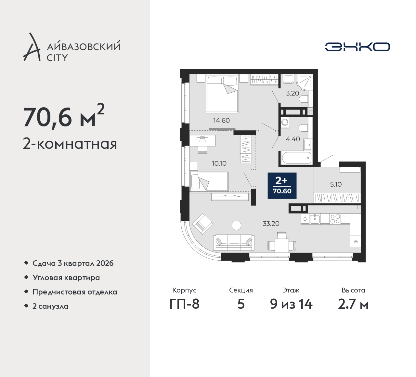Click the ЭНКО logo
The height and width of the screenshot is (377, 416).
pyautogui.click(x=357, y=47)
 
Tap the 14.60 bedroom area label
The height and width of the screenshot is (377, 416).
pyautogui.click(x=221, y=120)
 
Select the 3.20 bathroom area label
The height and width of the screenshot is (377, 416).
pyautogui.click(x=292, y=93)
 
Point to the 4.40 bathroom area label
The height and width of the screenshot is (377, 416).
pyautogui.click(x=293, y=139)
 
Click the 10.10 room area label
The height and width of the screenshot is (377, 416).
pyautogui.click(x=219, y=163)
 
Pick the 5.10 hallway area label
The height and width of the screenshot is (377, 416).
pyautogui.click(x=336, y=184)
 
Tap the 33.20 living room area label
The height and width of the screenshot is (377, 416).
pyautogui.click(x=271, y=224)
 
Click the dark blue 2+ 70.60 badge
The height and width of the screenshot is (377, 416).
pyautogui.click(x=282, y=186)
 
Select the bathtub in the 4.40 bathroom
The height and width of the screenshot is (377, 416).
pyautogui.click(x=296, y=158)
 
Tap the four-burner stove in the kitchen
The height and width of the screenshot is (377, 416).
pyautogui.click(x=335, y=219)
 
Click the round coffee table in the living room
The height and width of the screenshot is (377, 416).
pyautogui.click(x=236, y=225)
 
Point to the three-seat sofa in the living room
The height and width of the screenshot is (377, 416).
pyautogui.click(x=234, y=243)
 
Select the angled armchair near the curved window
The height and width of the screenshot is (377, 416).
pyautogui.click(x=202, y=224)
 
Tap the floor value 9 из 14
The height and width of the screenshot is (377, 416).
pyautogui.click(x=291, y=305)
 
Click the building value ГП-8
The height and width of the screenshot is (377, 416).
pyautogui.click(x=184, y=305)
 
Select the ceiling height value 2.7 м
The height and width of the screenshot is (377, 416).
pyautogui.click(x=353, y=305)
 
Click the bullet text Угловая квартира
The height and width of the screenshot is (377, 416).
pyautogui.click(x=66, y=278)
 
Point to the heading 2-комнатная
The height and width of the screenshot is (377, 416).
pyautogui.click(x=70, y=144)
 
